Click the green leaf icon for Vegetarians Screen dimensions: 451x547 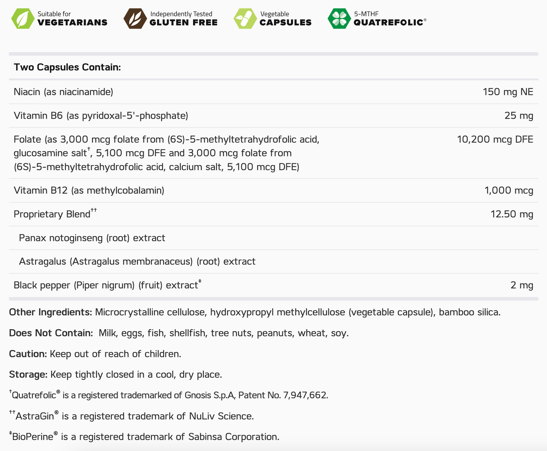[x=23, y=19]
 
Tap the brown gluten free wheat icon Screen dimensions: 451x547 [x=135, y=19]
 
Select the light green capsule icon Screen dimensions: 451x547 [x=245, y=19]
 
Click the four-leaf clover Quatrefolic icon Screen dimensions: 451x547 [x=339, y=19]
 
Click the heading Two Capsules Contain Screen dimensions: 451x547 [x=67, y=67]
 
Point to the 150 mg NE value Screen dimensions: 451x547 [x=508, y=92]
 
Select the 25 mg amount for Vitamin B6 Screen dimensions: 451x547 [x=519, y=116]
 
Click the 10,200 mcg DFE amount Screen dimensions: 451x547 [x=495, y=139]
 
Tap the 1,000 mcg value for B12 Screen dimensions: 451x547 [x=508, y=191]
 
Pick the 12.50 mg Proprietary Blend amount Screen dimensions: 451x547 [x=511, y=214]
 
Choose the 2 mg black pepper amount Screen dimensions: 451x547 [x=522, y=285]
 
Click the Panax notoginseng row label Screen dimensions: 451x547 [x=92, y=238]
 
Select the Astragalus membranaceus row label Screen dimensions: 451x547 [x=137, y=262]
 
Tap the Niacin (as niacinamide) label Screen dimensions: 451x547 [x=63, y=92]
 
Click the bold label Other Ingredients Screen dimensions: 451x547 [x=50, y=312]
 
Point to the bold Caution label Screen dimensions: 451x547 [x=28, y=354]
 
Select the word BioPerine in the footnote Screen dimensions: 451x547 [x=33, y=437]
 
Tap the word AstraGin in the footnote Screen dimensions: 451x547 [x=35, y=416]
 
